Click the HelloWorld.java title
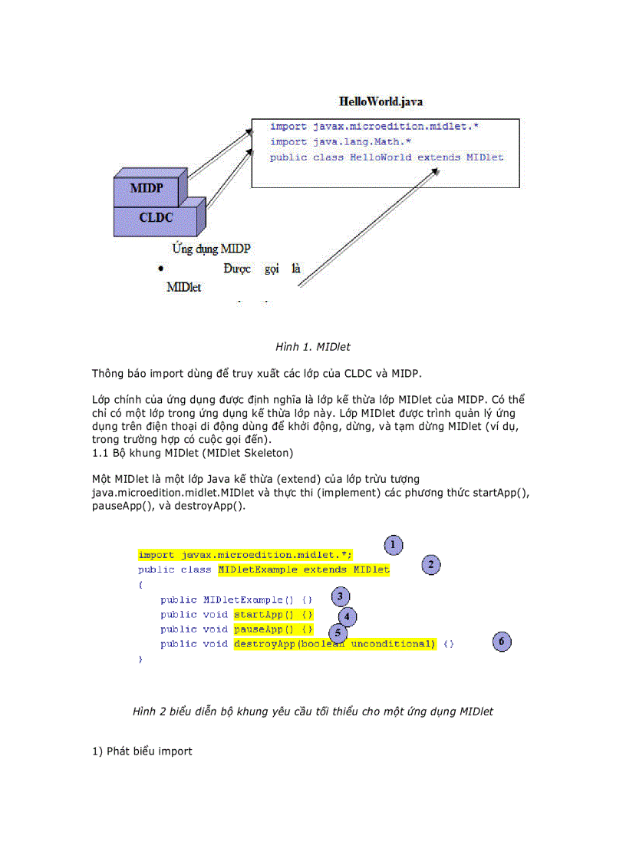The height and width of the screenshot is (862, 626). point(381,101)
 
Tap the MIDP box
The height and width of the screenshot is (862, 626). point(146,188)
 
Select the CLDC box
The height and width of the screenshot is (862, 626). point(156,217)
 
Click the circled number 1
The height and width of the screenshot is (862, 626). point(393,545)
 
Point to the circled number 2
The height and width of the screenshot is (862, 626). point(431,565)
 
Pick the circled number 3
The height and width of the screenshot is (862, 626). point(341,596)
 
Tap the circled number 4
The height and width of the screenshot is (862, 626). point(348,616)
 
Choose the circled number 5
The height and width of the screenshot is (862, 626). point(338,633)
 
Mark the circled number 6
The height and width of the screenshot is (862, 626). point(502,641)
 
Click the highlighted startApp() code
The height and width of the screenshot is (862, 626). point(273,615)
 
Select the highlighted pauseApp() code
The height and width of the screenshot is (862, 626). point(273,629)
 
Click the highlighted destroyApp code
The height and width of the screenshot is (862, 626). point(334,644)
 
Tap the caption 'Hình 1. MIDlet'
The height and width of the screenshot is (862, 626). point(313,347)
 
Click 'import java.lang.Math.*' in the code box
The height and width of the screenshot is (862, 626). point(341,142)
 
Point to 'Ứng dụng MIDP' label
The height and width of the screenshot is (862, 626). point(211,249)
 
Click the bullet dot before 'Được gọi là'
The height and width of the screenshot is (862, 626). point(161,268)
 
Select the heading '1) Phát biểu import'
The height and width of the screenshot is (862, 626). point(142,751)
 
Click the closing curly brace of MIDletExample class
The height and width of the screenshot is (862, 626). point(140,659)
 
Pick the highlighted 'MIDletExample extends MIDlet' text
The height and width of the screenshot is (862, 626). point(304,570)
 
